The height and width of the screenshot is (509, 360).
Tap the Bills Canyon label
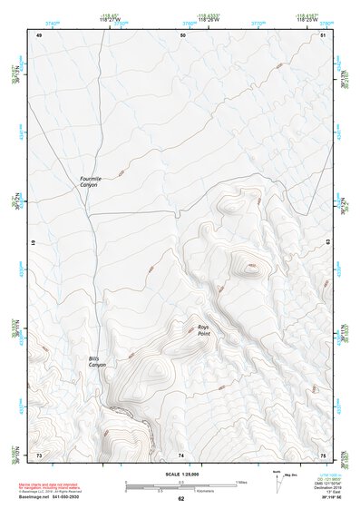tap(97, 362)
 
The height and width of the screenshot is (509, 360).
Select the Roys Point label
tap(207, 330)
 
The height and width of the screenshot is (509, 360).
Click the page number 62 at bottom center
tap(180, 498)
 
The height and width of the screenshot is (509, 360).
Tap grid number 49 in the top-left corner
tap(39, 34)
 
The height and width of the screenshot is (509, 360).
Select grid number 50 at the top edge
tap(182, 34)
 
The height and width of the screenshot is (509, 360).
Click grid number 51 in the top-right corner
tap(323, 34)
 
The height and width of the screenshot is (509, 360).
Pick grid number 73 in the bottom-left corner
tap(39, 454)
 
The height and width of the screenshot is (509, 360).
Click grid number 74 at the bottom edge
tap(181, 454)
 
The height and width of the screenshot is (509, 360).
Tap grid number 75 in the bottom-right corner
tap(323, 454)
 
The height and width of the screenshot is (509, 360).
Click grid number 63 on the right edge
tap(326, 242)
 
